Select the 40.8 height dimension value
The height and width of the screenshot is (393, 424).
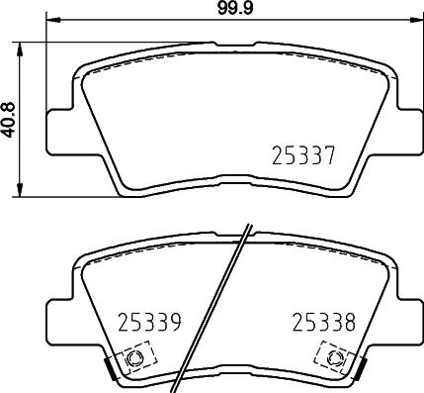click(x=10, y=120)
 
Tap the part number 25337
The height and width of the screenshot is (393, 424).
click(x=305, y=155)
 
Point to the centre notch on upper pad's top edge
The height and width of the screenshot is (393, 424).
click(x=229, y=44)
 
